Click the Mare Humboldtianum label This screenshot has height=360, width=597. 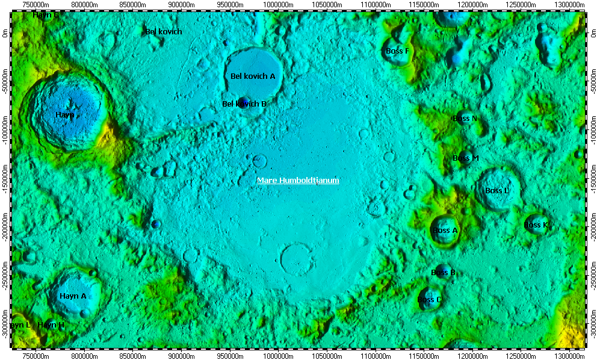(x=298, y=180)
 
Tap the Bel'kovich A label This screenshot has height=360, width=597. (x=253, y=76)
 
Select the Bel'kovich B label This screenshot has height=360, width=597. (x=244, y=104)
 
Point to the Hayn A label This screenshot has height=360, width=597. (x=73, y=296)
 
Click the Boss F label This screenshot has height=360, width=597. (x=397, y=51)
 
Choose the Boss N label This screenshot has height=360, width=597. (x=465, y=119)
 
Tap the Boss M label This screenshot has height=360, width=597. (x=466, y=158)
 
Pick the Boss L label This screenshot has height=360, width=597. (x=497, y=191)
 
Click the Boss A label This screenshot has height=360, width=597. (x=445, y=231)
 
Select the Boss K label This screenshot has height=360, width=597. (x=536, y=225)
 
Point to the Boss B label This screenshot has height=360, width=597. (x=444, y=273)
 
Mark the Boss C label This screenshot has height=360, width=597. (x=430, y=299)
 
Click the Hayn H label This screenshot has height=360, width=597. (x=51, y=325)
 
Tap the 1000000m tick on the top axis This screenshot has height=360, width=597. (x=279, y=5)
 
